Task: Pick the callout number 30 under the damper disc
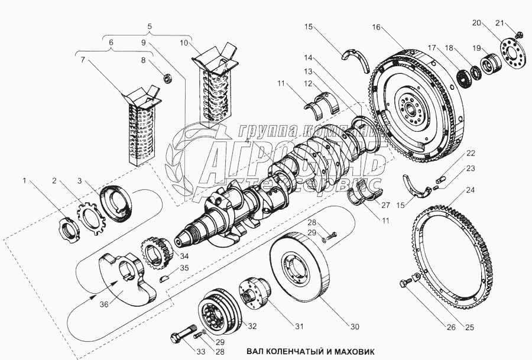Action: pyautogui.click(x=354, y=327)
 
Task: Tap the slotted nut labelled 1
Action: pyautogui.click(x=70, y=228)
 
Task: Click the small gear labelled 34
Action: pyautogui.click(x=154, y=249)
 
